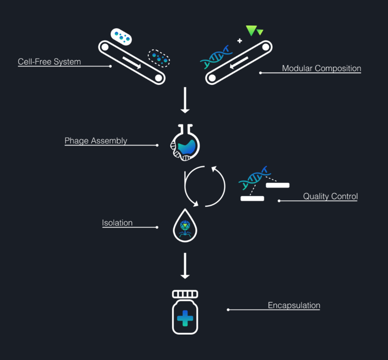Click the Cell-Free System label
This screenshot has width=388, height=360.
tap(49, 62)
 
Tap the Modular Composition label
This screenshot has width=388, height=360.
tap(321, 68)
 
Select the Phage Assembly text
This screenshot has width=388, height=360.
tap(96, 141)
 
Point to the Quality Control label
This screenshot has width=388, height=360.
tap(330, 196)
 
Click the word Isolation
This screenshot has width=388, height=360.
tap(117, 223)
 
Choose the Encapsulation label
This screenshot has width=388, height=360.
tap(294, 306)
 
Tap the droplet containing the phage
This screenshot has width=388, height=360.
tap(185, 226)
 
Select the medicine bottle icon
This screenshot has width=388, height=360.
tap(185, 313)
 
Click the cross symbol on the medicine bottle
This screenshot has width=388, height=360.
tap(185, 318)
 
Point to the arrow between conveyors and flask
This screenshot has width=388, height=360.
tap(185, 100)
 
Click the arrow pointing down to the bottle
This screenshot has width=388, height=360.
tap(185, 266)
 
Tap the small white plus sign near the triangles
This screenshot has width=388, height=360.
tap(240, 41)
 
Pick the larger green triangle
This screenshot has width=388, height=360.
tap(251, 30)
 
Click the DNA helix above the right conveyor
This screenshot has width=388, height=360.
tap(217, 56)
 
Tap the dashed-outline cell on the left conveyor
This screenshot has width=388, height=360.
tap(159, 57)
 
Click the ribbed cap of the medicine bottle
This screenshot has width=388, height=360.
tap(185, 294)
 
